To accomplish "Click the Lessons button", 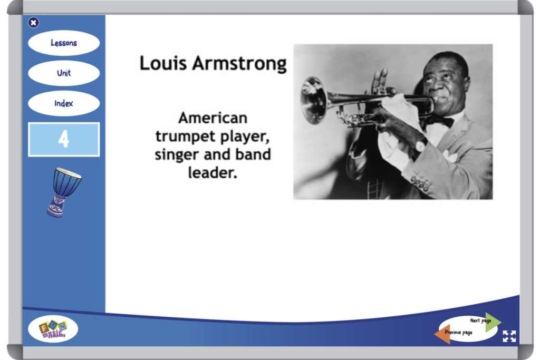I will click(63, 43).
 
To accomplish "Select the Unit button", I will click(63, 73).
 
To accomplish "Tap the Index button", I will click(63, 103).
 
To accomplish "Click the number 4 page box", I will click(63, 139).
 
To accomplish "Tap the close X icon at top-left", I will click(33, 22).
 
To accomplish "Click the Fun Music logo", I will click(53, 330).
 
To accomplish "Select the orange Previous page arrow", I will click(443, 333).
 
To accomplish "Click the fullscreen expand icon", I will click(509, 336).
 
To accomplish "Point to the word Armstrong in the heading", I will click(239, 64).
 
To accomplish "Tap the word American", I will click(213, 117).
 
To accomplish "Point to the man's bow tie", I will click(442, 121).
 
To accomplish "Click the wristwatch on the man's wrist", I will click(421, 145).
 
